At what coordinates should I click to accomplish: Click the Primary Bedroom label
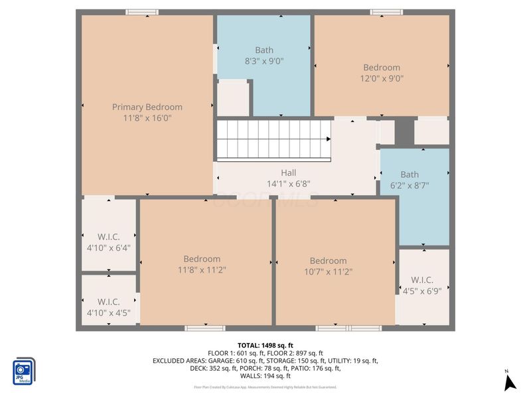click(147, 107)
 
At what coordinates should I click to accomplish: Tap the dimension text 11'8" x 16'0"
click(147, 118)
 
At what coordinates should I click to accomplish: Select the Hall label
click(288, 172)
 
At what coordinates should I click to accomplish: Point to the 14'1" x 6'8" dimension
click(288, 184)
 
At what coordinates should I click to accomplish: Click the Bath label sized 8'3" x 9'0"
click(264, 50)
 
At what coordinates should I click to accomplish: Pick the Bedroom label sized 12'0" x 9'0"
click(382, 67)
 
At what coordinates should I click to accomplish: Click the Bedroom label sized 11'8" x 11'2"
click(202, 259)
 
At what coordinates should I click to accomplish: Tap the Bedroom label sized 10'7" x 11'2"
click(328, 261)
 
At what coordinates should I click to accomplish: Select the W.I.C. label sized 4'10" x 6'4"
click(109, 237)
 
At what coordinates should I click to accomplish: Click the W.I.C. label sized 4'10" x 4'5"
click(109, 302)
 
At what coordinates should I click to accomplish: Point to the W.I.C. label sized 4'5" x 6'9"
click(422, 279)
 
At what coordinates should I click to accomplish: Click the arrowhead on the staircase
click(328, 139)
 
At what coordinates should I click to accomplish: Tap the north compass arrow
click(510, 382)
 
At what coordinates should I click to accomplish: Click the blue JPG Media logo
click(25, 371)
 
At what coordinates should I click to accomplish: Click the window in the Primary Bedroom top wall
click(142, 12)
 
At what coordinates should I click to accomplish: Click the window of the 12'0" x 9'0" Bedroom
click(386, 12)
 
